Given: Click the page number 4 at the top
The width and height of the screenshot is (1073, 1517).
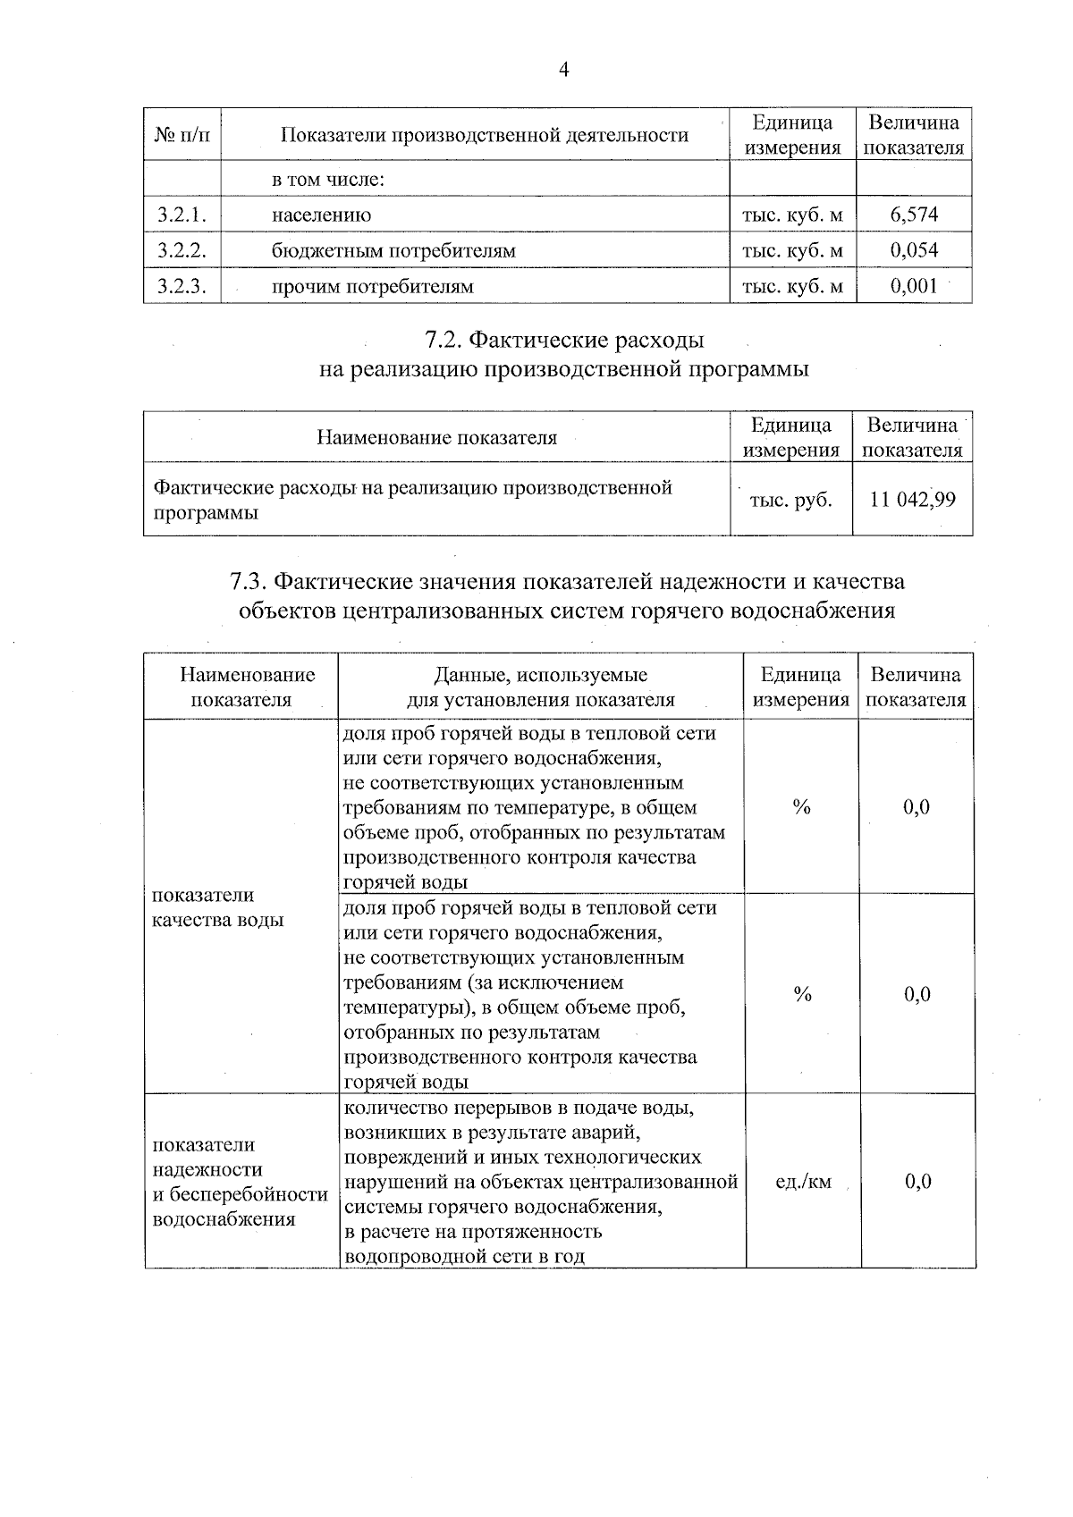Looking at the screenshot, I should (563, 71).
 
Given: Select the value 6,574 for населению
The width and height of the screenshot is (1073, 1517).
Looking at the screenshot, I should (914, 215).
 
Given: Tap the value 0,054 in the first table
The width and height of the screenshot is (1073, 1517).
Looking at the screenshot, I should (914, 250).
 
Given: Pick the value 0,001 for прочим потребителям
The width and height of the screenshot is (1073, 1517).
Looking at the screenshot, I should (914, 286).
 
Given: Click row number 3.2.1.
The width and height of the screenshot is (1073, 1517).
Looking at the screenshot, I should (182, 215).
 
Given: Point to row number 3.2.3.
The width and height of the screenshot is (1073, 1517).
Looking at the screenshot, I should (182, 286).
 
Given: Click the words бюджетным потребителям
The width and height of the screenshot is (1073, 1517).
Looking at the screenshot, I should (393, 250).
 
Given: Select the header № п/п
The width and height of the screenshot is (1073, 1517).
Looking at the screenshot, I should (182, 135).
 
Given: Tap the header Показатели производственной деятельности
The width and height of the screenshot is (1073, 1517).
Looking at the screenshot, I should (485, 135).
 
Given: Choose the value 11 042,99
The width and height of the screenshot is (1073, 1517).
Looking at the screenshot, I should (912, 499).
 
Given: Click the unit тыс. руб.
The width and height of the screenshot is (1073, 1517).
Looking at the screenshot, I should (790, 500).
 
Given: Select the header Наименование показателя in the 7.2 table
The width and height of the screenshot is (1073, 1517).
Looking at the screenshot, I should (436, 437).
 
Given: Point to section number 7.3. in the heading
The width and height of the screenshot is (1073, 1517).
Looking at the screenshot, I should (249, 582).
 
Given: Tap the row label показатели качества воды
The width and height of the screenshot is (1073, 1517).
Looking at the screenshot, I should (217, 907).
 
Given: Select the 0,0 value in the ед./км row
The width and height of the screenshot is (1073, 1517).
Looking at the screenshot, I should (917, 1182).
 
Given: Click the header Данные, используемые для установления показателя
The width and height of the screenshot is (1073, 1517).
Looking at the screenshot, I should (540, 687).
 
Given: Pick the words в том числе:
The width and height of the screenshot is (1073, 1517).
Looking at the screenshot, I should (327, 180).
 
